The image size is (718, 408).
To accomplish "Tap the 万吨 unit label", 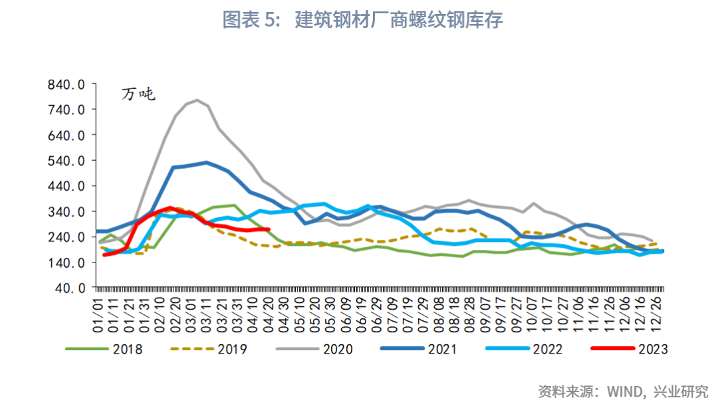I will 138,94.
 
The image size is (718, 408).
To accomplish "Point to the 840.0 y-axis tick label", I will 67,84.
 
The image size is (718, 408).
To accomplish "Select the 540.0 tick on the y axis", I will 67,161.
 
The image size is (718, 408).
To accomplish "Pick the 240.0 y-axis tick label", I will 67,237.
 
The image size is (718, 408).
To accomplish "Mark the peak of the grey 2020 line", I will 197,100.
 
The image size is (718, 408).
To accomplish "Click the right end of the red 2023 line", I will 267,230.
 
